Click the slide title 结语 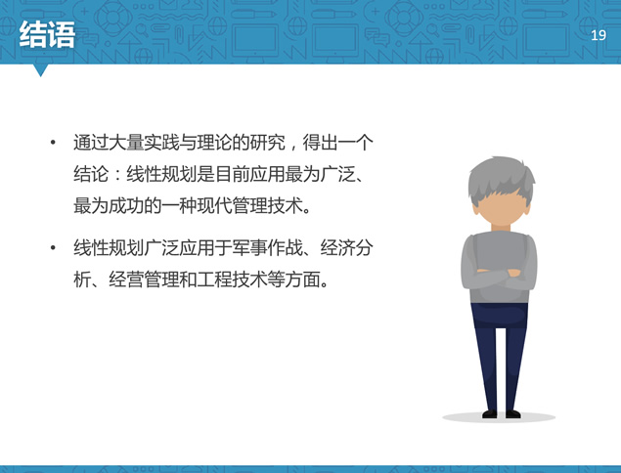(47, 35)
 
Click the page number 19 (599, 35)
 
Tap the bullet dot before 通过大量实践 (53, 143)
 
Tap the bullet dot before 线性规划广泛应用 (53, 248)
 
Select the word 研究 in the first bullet (267, 143)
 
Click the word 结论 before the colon (91, 174)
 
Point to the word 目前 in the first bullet (232, 174)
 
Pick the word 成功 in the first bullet (126, 206)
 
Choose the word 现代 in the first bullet (214, 206)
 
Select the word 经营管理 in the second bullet (144, 279)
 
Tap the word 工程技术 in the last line (232, 279)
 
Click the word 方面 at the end (302, 279)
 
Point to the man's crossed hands (498, 273)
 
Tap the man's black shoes (501, 414)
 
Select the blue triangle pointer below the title (40, 70)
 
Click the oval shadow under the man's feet (499, 417)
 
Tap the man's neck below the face (501, 228)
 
